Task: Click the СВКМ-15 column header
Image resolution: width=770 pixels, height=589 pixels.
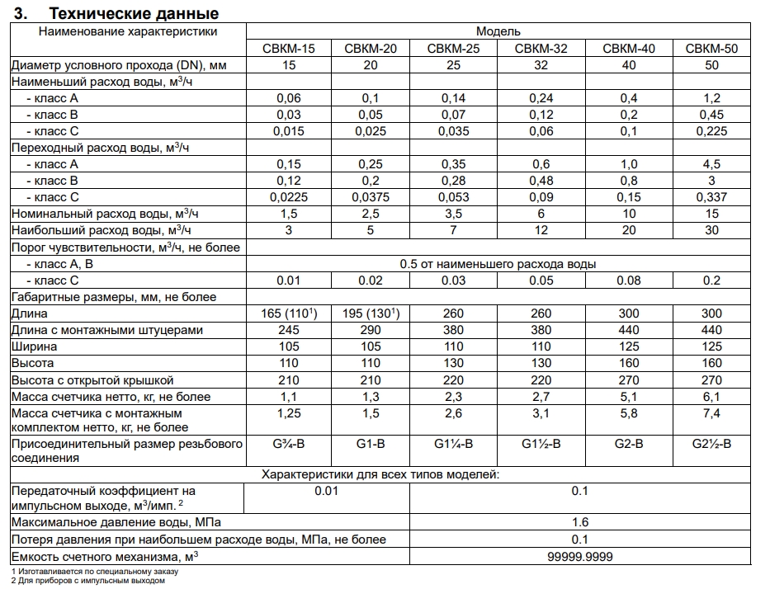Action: [288, 49]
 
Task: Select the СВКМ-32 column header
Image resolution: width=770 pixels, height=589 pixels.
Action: [541, 49]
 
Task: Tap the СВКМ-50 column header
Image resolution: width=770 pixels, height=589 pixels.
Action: [711, 49]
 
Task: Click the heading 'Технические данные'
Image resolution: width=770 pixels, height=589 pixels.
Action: [134, 14]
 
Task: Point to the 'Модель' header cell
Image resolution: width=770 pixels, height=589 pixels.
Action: [498, 31]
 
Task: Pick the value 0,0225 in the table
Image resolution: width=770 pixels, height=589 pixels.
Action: [288, 197]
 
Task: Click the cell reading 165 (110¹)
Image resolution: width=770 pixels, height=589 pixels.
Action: [288, 313]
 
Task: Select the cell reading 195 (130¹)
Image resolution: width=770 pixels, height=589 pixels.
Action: [371, 313]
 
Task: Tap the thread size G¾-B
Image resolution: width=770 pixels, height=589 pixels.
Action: [288, 445]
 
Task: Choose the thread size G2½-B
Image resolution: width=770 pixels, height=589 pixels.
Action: [711, 445]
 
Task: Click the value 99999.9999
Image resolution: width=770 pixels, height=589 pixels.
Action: [579, 557]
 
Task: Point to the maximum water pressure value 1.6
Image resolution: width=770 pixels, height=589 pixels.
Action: [579, 522]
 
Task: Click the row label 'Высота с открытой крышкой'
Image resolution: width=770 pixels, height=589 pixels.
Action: [92, 380]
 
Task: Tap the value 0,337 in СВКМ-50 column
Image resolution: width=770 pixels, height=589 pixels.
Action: [711, 197]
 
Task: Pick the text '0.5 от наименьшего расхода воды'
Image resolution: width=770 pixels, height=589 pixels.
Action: [498, 264]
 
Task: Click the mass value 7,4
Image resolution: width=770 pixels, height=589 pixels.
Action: [711, 412]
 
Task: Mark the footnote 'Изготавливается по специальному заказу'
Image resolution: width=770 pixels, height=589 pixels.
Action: [99, 571]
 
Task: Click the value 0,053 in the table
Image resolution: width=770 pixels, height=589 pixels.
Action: [453, 197]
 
